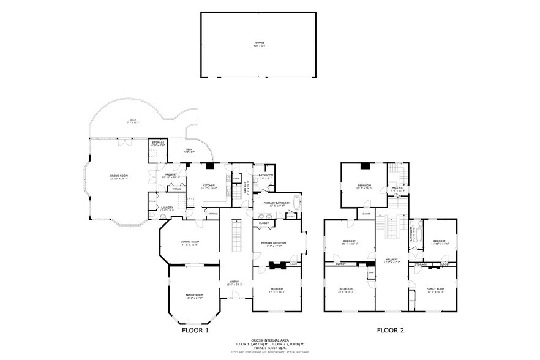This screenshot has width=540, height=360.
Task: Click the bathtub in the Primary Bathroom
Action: pos(298,202)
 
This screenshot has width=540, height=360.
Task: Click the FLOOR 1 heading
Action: pos(195,331)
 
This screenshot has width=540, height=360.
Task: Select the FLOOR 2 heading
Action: pos(390,331)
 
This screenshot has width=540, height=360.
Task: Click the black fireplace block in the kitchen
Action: pos(209,165)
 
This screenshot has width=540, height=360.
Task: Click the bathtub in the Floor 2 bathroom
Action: pos(421,233)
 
